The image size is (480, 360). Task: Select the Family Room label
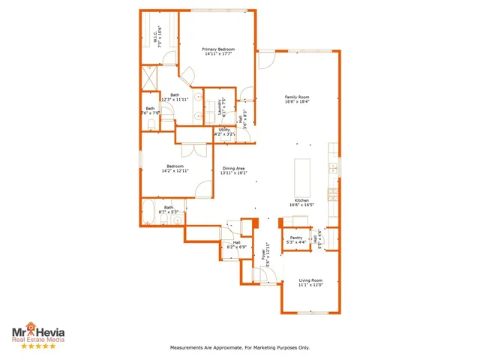tap(297, 97)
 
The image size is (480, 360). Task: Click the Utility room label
tap(224, 130)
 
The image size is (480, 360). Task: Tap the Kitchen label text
tap(301, 200)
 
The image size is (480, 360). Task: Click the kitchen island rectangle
tap(302, 176)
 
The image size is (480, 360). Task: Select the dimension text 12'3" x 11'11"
tap(175, 100)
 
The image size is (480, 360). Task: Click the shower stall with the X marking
tap(149, 77)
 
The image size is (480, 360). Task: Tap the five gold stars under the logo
tap(37, 346)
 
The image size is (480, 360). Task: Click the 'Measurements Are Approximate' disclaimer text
tap(239, 348)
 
